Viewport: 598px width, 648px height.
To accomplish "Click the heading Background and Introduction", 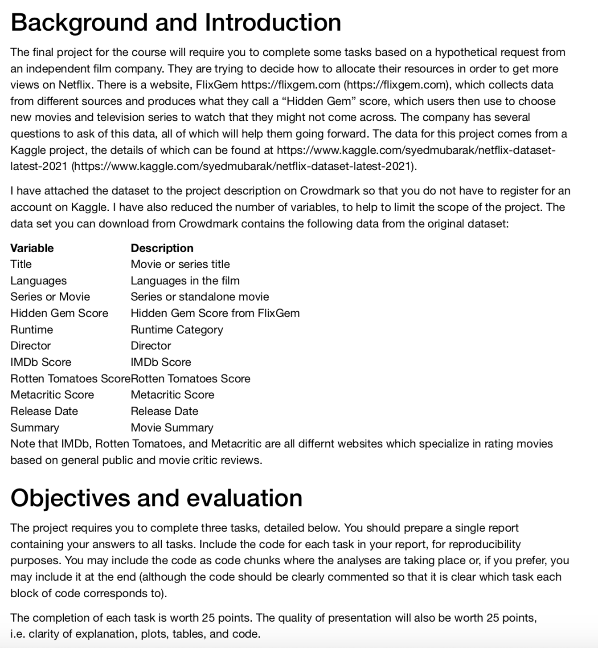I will pyautogui.click(x=176, y=22).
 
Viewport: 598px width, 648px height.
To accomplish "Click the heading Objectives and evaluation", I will pyautogui.click(x=156, y=498).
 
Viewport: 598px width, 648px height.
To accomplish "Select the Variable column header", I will pyautogui.click(x=32, y=248).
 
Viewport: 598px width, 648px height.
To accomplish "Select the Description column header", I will pyautogui.click(x=162, y=248).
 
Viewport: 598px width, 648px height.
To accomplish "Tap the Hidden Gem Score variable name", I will pyautogui.click(x=59, y=313).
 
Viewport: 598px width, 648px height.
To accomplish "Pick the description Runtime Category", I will pyautogui.click(x=176, y=330).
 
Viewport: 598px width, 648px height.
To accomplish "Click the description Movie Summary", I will pyautogui.click(x=172, y=428).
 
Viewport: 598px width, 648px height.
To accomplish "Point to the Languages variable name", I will pyautogui.click(x=38, y=281).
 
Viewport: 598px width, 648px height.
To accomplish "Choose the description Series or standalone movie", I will pyautogui.click(x=200, y=297).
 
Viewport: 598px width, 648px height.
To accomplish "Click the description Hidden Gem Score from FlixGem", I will pyautogui.click(x=215, y=313).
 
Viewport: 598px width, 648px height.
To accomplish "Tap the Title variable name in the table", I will pyautogui.click(x=21, y=264).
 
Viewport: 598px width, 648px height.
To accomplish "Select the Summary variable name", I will pyautogui.click(x=35, y=428).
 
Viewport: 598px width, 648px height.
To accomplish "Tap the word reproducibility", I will pyautogui.click(x=484, y=544).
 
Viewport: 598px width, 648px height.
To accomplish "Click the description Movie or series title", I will pyautogui.click(x=180, y=264).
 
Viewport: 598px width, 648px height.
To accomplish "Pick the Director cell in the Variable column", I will pyautogui.click(x=30, y=346).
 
